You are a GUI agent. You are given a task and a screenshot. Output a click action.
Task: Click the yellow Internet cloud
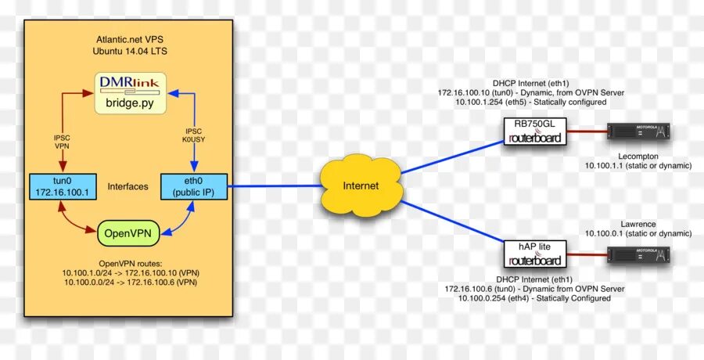(x=361, y=185)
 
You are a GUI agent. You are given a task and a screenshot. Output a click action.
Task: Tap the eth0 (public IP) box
(x=193, y=186)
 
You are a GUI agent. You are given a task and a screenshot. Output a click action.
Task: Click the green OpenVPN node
(x=129, y=232)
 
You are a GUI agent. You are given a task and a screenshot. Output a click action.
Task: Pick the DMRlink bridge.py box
(x=131, y=92)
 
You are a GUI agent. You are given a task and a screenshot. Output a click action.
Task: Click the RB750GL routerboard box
(x=534, y=131)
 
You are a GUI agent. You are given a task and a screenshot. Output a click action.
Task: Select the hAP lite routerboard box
(x=534, y=253)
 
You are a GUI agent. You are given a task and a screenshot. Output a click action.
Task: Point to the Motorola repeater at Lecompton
(x=640, y=132)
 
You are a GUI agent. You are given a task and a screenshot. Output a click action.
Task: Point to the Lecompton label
(x=637, y=157)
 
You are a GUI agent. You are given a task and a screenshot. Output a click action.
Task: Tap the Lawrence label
(x=638, y=224)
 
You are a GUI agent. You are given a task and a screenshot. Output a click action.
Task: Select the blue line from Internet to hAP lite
(x=450, y=221)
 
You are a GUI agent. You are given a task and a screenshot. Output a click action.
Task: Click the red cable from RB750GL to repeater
(x=586, y=132)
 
